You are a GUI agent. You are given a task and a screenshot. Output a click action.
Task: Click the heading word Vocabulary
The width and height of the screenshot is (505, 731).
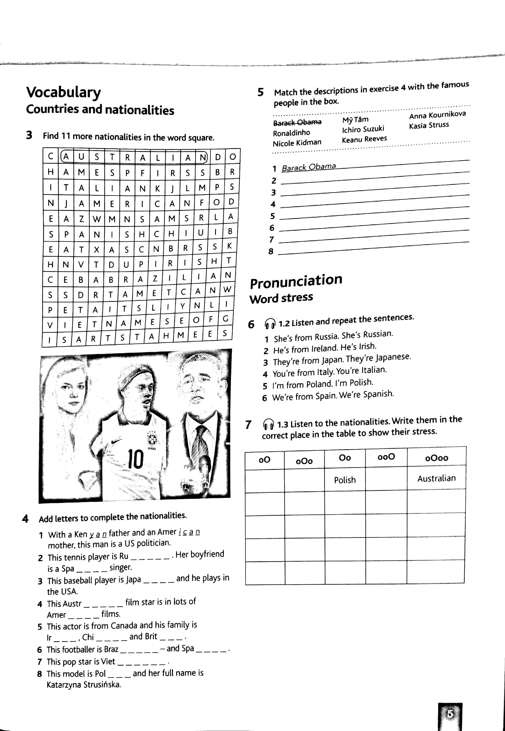tap(63, 92)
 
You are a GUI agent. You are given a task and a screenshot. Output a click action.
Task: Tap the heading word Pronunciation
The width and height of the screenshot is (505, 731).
tap(296, 281)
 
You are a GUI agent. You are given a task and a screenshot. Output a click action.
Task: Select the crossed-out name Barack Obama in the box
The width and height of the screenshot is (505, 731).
tap(297, 122)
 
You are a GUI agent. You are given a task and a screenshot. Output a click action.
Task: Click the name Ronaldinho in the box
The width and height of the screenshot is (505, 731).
tap(291, 133)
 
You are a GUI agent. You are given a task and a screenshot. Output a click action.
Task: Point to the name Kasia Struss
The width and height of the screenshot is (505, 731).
tap(429, 125)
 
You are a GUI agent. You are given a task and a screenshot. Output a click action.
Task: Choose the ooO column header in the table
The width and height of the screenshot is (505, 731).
tap(386, 457)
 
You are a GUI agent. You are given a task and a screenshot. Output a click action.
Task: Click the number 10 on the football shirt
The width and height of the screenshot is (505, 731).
tap(136, 459)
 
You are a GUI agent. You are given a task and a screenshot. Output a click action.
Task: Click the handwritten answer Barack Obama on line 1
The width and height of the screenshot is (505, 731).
tap(308, 167)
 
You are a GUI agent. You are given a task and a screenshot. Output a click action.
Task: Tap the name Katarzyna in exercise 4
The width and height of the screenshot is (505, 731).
tap(62, 685)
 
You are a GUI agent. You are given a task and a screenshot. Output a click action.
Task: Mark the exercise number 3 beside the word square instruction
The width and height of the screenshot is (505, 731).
tap(29, 135)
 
